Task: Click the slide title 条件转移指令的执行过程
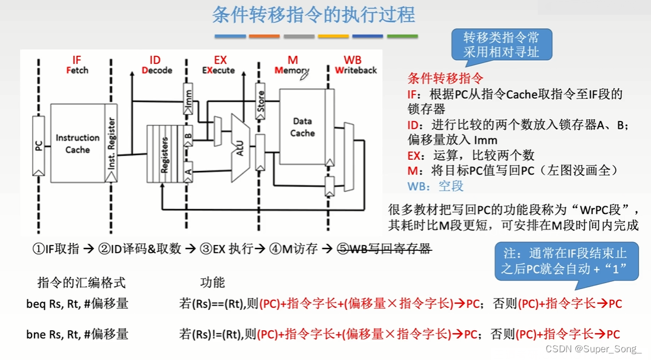[x=313, y=15]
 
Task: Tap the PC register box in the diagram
[x=39, y=145]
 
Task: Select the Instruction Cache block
[x=77, y=143]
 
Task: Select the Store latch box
[x=260, y=101]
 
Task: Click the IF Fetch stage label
[x=77, y=65]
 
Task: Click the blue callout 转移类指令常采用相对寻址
[x=501, y=45]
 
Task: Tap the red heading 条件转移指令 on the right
[x=445, y=78]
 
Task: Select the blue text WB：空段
[x=435, y=186]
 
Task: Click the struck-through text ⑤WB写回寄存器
[x=384, y=249]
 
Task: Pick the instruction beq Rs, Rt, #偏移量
[x=77, y=303]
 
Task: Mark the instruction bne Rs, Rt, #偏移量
[x=77, y=334]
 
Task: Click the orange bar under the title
[x=264, y=36]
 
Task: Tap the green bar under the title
[x=402, y=36]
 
